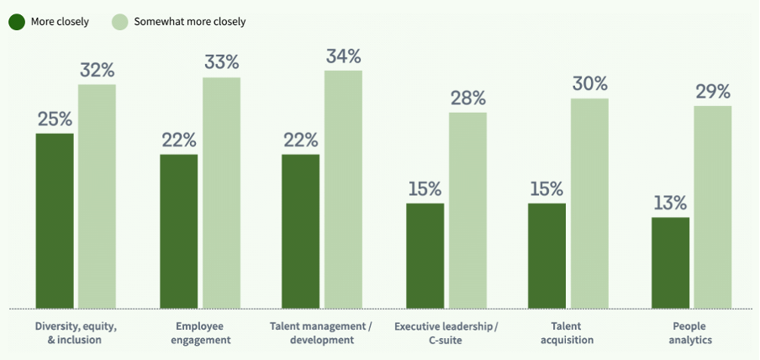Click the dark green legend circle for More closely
[x=17, y=21]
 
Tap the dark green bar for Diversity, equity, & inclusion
[x=55, y=220]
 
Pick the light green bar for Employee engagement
[x=221, y=193]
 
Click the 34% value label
[x=343, y=56]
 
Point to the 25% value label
[x=55, y=119]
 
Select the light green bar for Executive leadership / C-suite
[x=467, y=210]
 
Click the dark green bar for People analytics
[x=670, y=262]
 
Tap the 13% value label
[x=670, y=203]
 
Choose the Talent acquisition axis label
[x=572, y=332]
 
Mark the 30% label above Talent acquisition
[x=589, y=84]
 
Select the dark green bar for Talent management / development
[x=300, y=231]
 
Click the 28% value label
[x=467, y=98]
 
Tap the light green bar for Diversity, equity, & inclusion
[x=97, y=196]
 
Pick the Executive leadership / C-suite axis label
[x=446, y=332]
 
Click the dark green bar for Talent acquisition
[x=546, y=256]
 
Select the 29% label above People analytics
[x=712, y=91]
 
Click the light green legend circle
[x=120, y=21]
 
